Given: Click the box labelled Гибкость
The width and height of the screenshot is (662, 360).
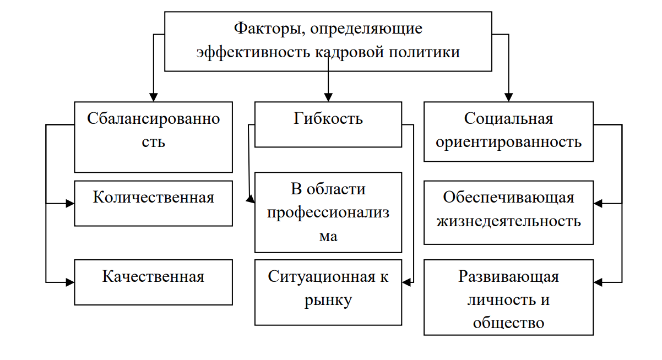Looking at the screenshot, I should coord(328,124).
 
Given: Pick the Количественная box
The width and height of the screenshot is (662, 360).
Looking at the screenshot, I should coord(153,203).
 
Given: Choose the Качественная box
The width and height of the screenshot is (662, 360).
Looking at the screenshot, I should coord(153,282).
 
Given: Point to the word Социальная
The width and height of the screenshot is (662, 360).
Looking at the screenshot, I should coord(508,118).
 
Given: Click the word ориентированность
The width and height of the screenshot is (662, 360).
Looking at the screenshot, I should coord(508,142).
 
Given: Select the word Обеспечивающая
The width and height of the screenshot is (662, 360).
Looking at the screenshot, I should coord(508,197).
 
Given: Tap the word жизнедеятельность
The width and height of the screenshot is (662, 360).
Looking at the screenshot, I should coord(508,221).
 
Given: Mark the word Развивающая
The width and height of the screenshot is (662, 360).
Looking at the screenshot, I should coord(508,276).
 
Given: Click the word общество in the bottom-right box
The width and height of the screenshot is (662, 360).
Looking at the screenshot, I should coord(508,323).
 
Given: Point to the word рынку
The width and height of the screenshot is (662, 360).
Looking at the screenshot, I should coord(328,301).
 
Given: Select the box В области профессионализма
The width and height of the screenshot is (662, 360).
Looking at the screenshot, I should coord(328,212).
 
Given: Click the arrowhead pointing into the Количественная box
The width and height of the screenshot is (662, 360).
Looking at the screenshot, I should coord(70,204).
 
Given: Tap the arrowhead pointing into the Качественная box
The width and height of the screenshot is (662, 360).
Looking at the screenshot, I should coord(70,282).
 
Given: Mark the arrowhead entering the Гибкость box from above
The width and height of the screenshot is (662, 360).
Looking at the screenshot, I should coord(328,98).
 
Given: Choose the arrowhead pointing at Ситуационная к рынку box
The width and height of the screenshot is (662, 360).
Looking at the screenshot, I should coord(406,282).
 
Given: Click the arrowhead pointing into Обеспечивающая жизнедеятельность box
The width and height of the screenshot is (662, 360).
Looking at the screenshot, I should coord(598,204).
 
